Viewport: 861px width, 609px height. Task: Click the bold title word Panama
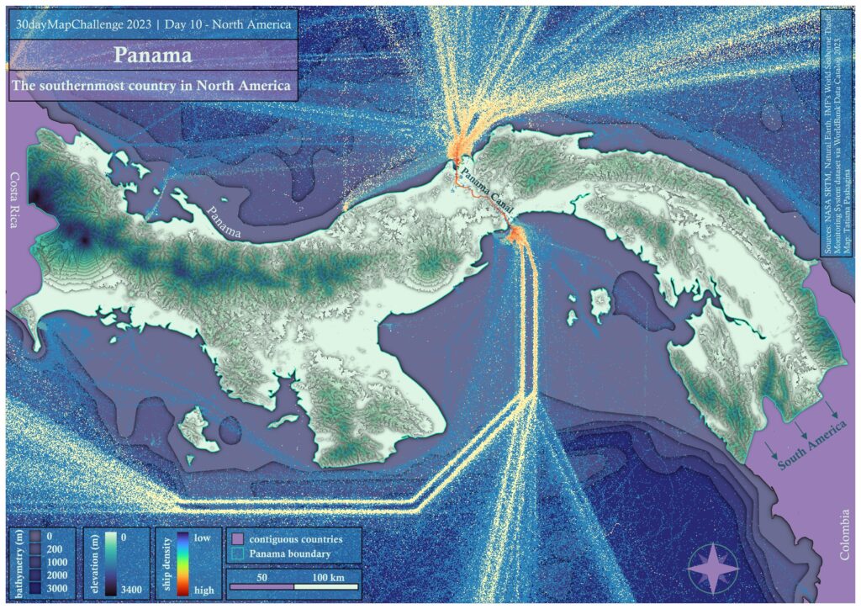152,56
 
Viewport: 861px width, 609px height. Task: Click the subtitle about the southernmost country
152,86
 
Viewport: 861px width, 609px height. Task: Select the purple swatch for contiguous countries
237,538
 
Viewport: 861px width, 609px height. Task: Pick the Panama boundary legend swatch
237,553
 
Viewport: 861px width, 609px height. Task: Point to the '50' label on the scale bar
261,578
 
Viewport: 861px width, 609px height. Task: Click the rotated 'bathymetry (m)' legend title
18,564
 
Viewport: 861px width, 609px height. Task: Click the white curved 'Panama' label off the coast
226,220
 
